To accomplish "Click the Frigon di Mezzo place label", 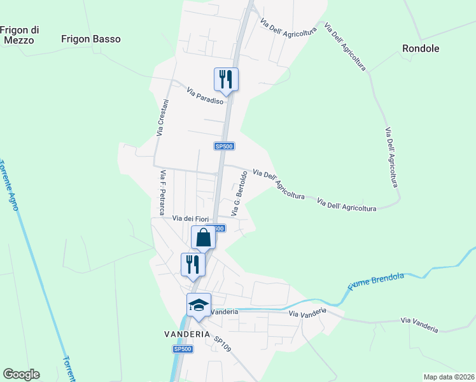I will (20, 34).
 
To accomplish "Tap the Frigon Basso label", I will (91, 39).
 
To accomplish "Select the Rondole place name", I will (421, 48).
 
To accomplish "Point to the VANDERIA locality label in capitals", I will (187, 334).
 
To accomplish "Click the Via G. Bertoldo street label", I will (239, 192).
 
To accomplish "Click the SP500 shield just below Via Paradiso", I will (225, 146).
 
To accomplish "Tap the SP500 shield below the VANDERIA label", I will (183, 349).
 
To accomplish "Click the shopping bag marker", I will (204, 238).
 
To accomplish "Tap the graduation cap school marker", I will (199, 305).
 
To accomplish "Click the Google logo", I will (21, 374).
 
